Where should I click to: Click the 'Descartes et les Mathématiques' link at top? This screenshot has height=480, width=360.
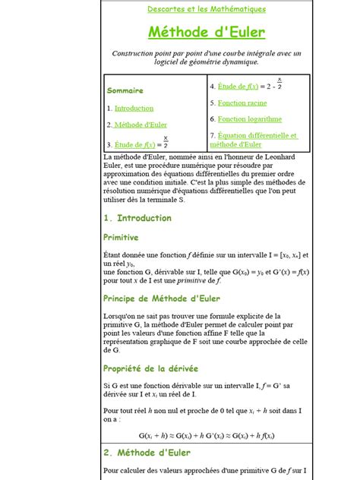pos(206,9)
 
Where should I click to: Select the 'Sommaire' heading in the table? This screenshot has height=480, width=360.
pos(125,90)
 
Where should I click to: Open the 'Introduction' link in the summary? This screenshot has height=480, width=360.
pos(134,109)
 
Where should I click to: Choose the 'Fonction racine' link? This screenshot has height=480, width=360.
pos(242,103)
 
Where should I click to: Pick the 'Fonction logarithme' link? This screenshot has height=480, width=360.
pos(249,119)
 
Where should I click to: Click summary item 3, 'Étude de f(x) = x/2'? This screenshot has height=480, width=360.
pos(137,144)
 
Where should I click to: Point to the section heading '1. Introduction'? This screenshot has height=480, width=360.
pos(137,218)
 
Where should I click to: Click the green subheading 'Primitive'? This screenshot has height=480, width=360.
pos(121,237)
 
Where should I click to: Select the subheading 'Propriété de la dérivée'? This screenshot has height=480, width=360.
pos(150,368)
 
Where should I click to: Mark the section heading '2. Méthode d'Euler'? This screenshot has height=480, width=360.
pos(147,453)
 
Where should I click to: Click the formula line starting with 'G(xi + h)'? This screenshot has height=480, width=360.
pos(207,435)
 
